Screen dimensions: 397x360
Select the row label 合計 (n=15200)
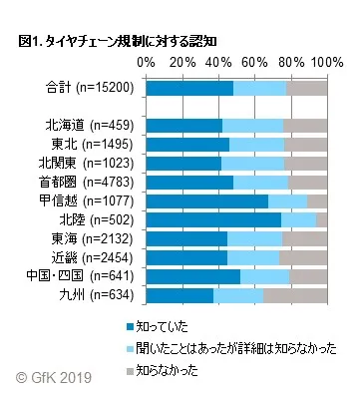click(88, 88)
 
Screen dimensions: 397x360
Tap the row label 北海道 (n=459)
click(91, 126)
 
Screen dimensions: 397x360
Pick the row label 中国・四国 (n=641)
click(87, 276)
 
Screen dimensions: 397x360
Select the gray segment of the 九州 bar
click(295, 295)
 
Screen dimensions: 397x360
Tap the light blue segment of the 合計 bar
click(259, 88)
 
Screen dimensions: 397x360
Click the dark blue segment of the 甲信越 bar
click(206, 201)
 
